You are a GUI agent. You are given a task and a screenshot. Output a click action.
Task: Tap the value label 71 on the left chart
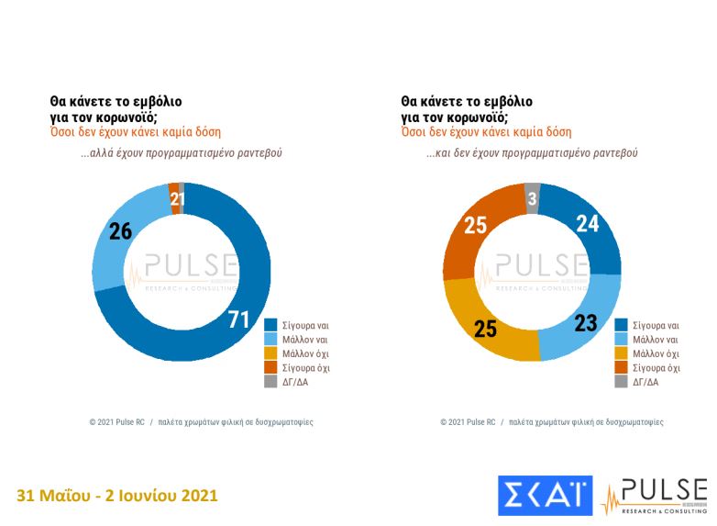pos(238,319)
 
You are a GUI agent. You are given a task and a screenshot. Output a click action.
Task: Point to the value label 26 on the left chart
pos(121,231)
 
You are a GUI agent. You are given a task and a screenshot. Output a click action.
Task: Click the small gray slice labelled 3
pos(532,199)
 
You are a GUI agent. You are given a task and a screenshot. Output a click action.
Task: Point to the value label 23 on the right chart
pos(587,323)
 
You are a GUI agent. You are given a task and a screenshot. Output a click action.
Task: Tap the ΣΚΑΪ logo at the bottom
pos(545,496)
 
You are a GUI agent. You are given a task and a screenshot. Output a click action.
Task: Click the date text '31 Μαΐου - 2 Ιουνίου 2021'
pos(117,496)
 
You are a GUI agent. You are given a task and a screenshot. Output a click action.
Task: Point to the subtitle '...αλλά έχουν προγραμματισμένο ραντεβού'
pos(181,153)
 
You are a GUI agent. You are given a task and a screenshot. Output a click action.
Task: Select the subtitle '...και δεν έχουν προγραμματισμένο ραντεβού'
pos(531,153)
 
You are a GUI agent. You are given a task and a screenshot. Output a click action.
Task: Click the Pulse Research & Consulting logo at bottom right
pos(654,496)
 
